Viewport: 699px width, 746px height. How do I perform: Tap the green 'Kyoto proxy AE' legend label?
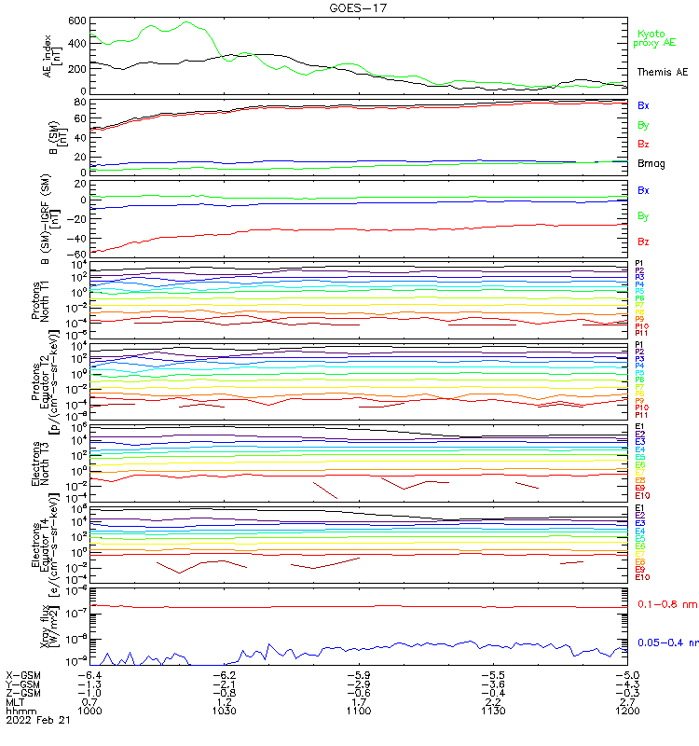[654, 37]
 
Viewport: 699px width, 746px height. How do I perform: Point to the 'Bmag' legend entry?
[649, 164]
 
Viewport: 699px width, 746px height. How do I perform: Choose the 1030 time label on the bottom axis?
[224, 711]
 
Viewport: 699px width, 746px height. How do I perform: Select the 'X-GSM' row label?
[22, 674]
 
